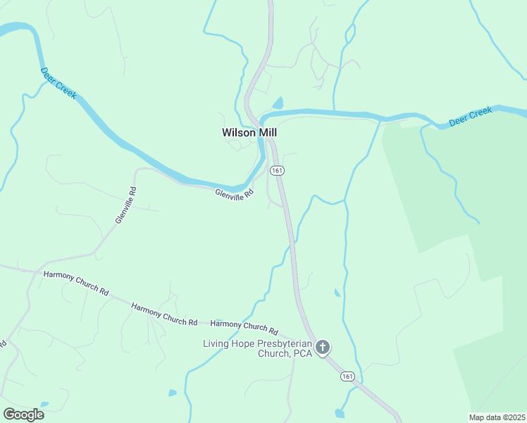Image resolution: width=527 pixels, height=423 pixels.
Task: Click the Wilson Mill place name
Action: tap(249, 132)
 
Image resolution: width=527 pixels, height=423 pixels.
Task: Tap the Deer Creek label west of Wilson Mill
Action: tap(58, 83)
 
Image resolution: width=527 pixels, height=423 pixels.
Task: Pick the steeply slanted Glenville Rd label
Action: tap(125, 205)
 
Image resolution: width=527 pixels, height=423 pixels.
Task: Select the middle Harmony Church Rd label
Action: tap(164, 313)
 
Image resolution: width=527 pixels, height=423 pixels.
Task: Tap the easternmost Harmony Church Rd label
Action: tap(244, 328)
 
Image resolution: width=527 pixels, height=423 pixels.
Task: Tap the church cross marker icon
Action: tap(323, 347)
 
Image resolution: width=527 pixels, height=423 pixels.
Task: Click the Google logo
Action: tap(23, 414)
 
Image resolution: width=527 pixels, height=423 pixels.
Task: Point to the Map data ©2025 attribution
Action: tap(497, 417)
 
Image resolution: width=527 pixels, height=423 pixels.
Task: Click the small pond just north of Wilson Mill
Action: tap(278, 104)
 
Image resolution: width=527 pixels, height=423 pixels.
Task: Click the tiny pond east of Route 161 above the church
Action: tap(337, 293)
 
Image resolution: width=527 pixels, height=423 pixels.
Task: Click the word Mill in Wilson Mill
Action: tap(266, 132)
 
